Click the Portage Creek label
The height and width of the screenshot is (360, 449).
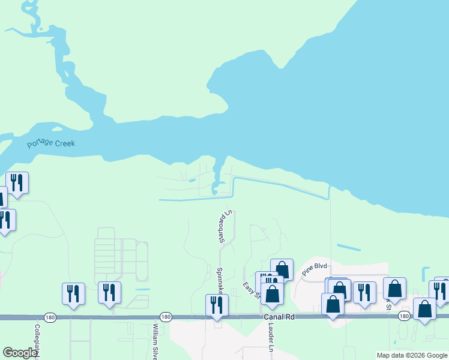tap(51, 144)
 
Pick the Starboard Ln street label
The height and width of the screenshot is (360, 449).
tap(225, 227)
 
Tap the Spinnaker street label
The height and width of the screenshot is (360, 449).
tap(220, 280)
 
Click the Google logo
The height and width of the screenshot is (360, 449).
tap(20, 353)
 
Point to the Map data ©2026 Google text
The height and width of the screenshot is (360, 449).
tap(412, 355)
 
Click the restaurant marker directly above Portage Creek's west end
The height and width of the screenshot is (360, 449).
tap(17, 182)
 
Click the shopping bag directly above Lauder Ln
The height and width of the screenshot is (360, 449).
tap(272, 294)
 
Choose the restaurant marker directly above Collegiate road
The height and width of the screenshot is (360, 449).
tap(73, 293)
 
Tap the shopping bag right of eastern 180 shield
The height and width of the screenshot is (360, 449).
tap(424, 309)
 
